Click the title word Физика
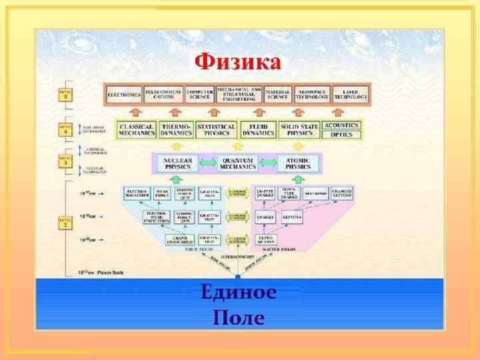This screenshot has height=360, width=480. click(238, 64)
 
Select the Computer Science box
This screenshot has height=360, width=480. click(199, 95)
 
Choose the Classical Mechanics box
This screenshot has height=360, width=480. click(137, 129)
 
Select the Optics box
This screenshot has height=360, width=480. click(341, 134)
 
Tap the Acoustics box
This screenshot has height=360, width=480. click(341, 125)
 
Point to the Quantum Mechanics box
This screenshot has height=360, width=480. click(238, 163)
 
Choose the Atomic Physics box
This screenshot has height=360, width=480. click(299, 163)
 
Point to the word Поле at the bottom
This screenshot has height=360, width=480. click(238, 317)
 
